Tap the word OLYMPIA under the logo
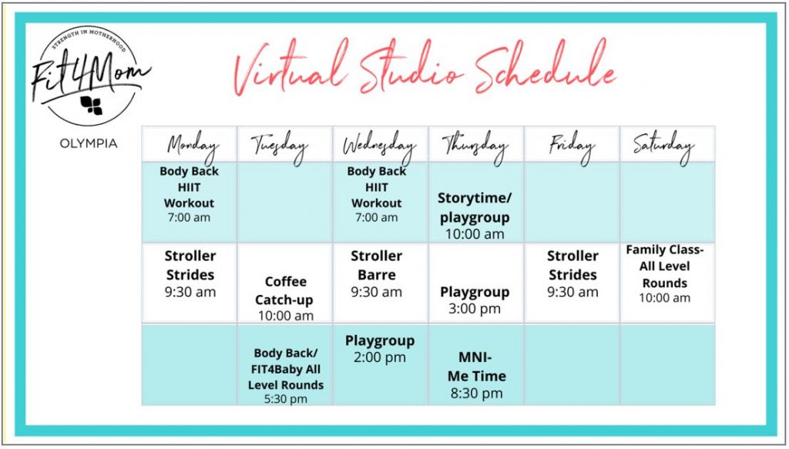click(x=88, y=144)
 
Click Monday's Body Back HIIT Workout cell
click(x=190, y=194)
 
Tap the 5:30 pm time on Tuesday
click(x=285, y=399)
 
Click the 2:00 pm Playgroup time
click(x=379, y=358)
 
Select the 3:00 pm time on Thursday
click(x=475, y=309)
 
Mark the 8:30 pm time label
click(x=476, y=394)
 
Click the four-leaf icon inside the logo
click(x=92, y=105)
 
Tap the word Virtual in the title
click(x=292, y=69)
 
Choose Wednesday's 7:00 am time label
click(x=376, y=218)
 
